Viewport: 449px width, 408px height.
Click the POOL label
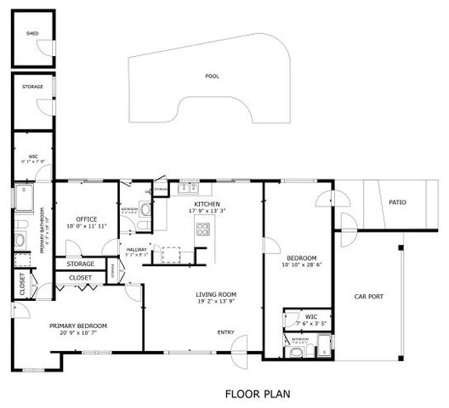point(212,76)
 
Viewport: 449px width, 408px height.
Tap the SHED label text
point(32,34)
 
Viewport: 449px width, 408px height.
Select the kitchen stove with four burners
point(203,228)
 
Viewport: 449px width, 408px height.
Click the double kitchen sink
point(189,188)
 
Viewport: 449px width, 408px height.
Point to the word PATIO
point(397,202)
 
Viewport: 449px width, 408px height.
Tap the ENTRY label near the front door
point(226,332)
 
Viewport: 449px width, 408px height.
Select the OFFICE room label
point(87,218)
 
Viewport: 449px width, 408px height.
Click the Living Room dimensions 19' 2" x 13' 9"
point(215,302)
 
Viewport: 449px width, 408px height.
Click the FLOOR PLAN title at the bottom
point(258,394)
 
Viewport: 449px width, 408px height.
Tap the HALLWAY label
point(136,248)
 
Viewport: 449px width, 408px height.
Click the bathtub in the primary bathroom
point(21,196)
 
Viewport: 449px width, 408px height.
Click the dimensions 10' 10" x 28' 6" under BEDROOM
point(301,265)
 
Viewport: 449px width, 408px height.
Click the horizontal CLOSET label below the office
point(80,277)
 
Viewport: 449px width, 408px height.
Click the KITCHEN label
point(207,205)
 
